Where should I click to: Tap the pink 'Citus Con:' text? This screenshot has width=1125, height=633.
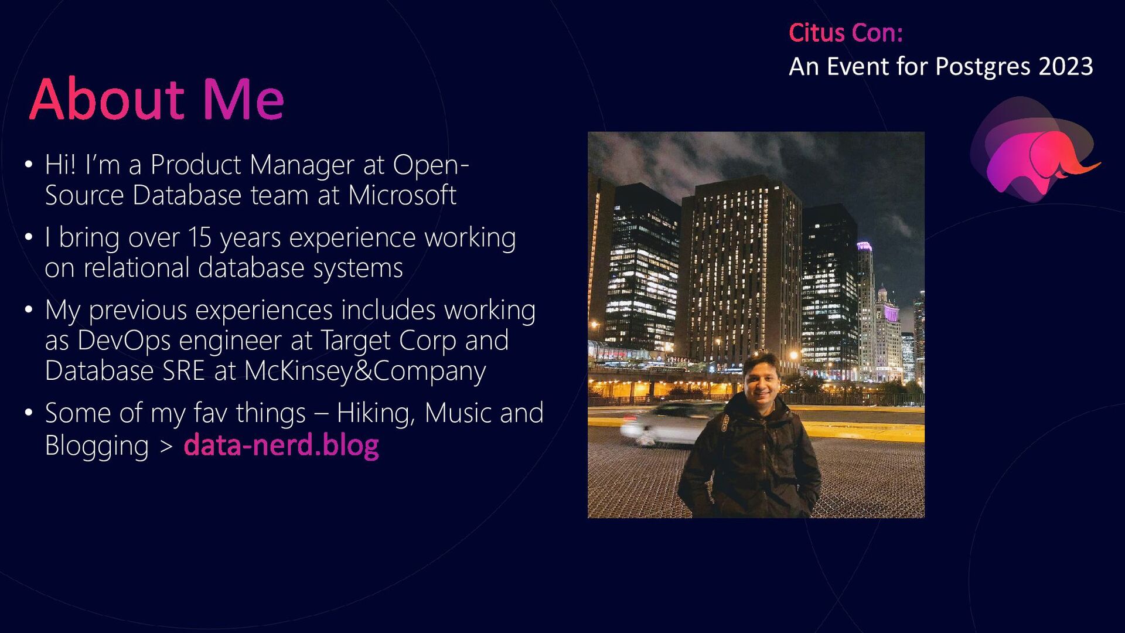(x=846, y=33)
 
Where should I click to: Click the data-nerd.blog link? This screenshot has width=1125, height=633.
(x=281, y=445)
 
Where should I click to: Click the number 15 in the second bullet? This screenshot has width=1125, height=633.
(x=199, y=237)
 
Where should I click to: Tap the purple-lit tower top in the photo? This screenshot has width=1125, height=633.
(x=864, y=246)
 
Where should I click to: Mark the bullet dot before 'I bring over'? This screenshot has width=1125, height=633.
(x=29, y=237)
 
